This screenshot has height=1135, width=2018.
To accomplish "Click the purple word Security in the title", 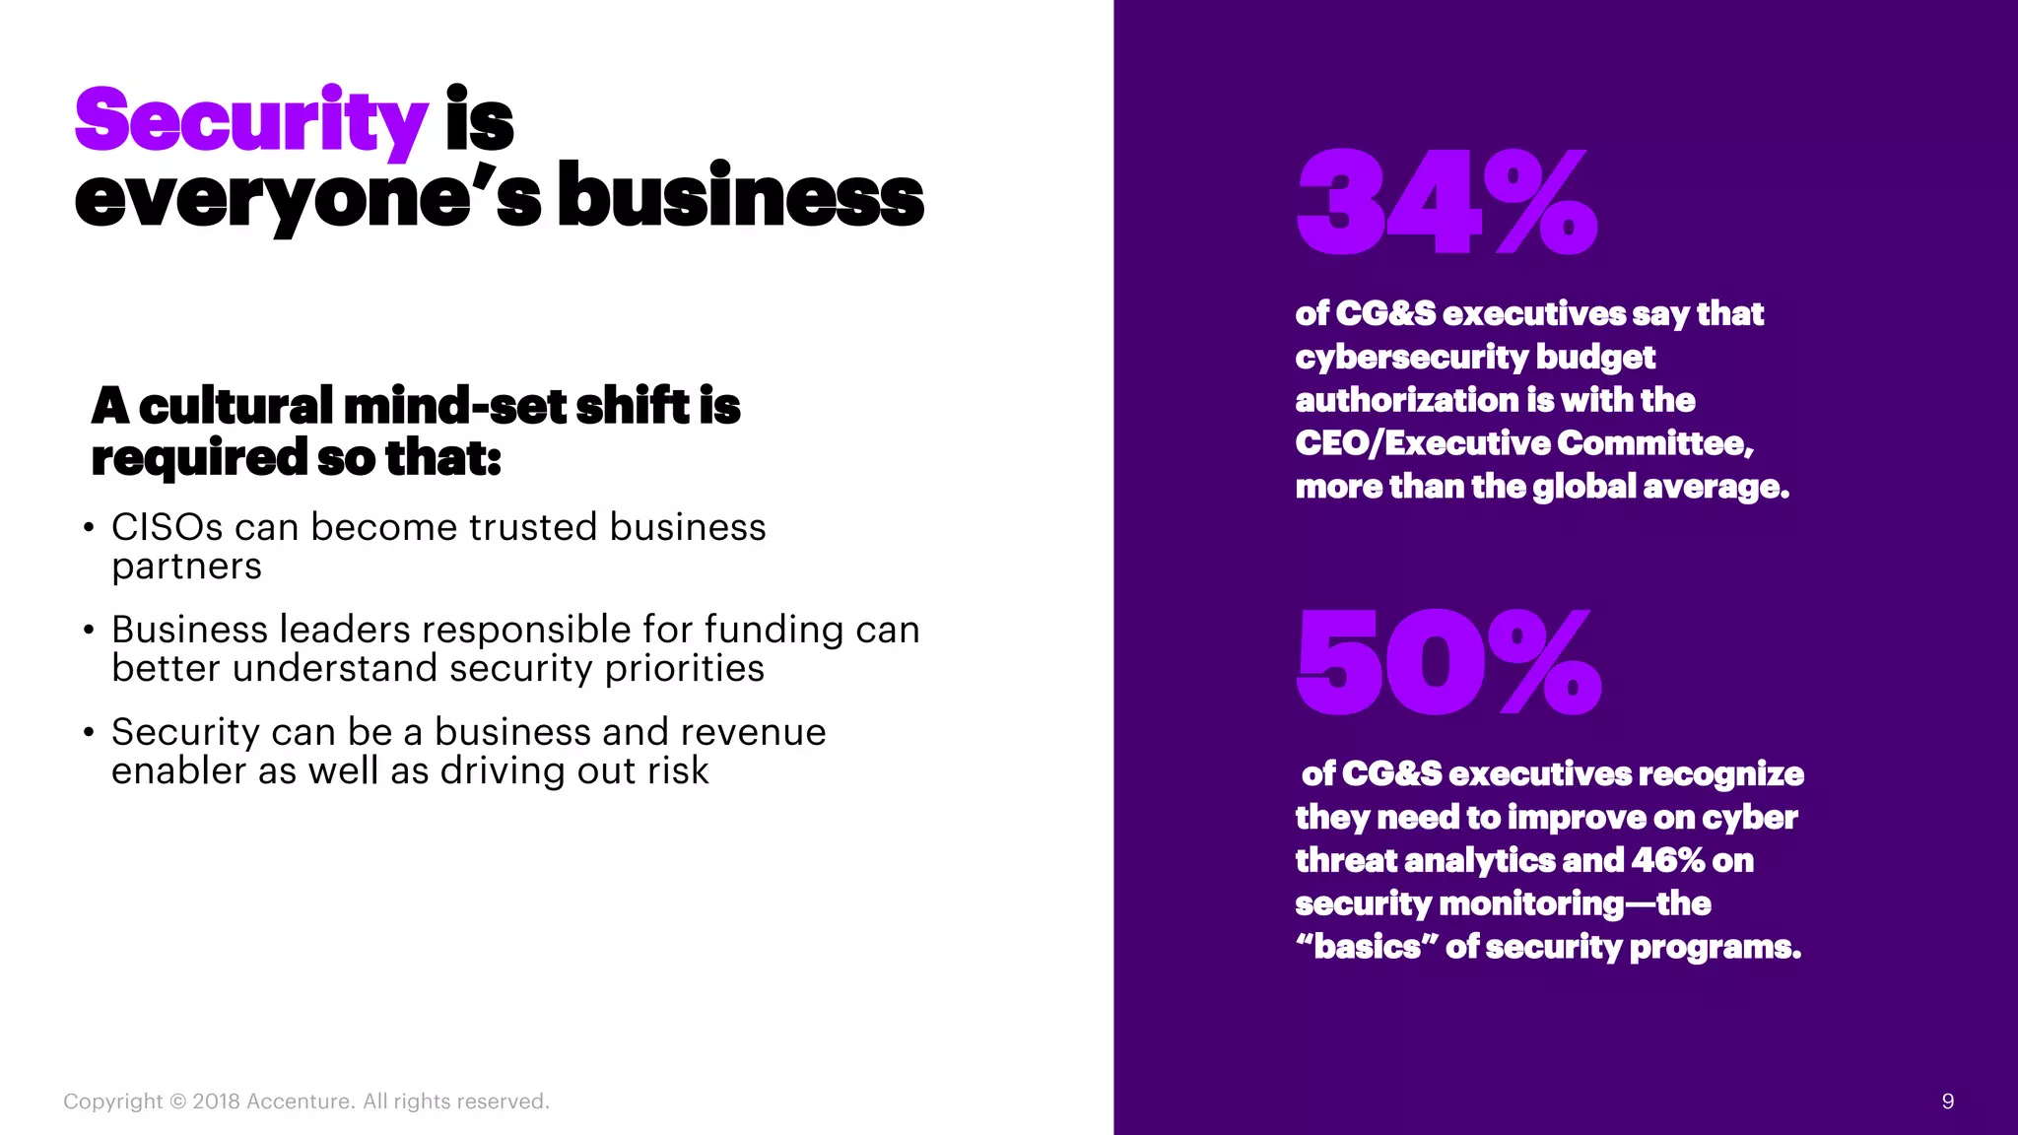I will coord(250,121).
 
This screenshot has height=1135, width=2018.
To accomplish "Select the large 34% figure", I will coord(1446,203).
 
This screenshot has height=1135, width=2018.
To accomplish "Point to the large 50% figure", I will coord(1448,662).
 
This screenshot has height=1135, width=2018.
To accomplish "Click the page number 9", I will coord(1947,1102).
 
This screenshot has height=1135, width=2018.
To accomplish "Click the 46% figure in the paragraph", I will coord(1667,860).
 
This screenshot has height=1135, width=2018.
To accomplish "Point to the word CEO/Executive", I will coord(1422,443).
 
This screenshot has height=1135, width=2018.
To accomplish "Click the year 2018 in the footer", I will coord(214,1102).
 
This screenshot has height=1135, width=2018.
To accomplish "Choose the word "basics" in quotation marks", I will coord(1366,947).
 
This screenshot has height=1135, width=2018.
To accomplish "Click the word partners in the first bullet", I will coord(186,567).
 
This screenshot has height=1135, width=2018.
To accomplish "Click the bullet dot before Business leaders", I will coord(90,630).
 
